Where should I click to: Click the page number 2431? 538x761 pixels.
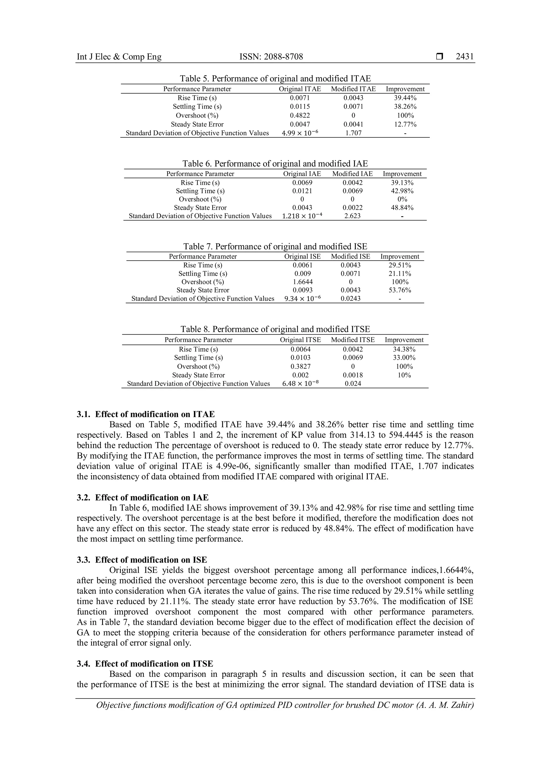click(x=464, y=57)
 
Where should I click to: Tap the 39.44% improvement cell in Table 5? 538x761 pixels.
click(x=405, y=98)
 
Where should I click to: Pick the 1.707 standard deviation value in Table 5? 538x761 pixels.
click(x=353, y=133)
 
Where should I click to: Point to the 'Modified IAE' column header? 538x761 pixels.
click(x=352, y=174)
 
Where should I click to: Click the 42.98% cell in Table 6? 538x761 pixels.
click(x=402, y=191)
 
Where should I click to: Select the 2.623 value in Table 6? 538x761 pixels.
click(x=352, y=216)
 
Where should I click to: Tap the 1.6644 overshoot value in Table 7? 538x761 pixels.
click(x=302, y=282)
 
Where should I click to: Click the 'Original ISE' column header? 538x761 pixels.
click(x=302, y=256)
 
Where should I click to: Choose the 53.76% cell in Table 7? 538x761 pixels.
click(x=400, y=290)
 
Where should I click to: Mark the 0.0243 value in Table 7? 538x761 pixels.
click(x=350, y=299)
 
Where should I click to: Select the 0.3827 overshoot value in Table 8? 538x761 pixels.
click(x=301, y=367)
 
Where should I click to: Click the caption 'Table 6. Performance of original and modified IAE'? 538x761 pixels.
click(x=275, y=164)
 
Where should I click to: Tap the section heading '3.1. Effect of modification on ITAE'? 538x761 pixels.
click(x=146, y=414)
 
